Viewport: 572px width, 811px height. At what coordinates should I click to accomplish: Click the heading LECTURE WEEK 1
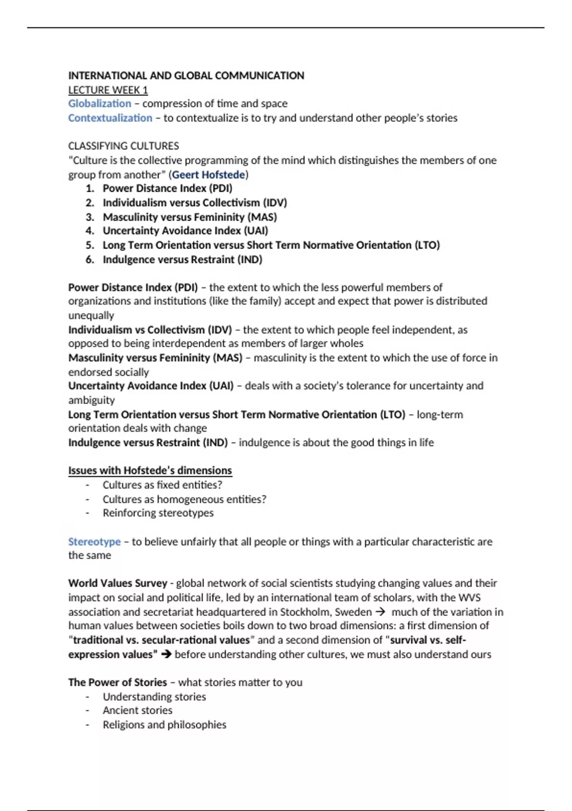[x=108, y=90]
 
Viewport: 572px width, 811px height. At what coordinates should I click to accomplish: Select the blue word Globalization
[x=99, y=104]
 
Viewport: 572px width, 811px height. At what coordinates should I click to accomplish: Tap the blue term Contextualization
[x=110, y=118]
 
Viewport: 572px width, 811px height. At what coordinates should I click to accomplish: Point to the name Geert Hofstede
[x=208, y=175]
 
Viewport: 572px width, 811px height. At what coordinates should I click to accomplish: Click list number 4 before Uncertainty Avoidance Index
[x=90, y=231]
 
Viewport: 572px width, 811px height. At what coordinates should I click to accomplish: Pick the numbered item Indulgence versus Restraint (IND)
[x=182, y=260]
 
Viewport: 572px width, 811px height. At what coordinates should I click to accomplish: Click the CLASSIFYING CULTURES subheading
[x=123, y=146]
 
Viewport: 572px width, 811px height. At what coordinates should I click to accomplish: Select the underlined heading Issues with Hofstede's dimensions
[x=150, y=470]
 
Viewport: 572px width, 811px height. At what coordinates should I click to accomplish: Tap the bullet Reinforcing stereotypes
[x=158, y=513]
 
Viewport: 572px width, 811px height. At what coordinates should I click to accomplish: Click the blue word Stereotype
[x=94, y=541]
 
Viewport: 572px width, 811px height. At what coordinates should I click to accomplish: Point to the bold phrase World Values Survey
[x=118, y=583]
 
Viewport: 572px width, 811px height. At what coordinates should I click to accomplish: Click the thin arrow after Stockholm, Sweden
[x=380, y=612]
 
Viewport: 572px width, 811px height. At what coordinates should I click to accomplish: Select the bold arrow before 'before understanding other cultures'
[x=166, y=654]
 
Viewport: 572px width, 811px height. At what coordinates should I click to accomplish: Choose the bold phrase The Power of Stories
[x=117, y=682]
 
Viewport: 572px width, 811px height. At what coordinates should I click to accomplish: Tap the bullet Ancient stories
[x=137, y=710]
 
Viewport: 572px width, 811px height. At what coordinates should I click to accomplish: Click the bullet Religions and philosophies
[x=164, y=725]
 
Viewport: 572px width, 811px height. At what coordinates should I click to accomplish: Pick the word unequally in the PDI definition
[x=91, y=315]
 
